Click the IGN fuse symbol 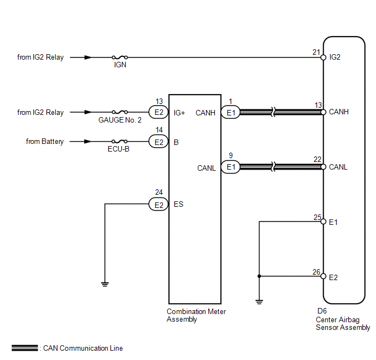point(120,57)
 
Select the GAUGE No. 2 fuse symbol point(120,112)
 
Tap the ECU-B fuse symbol point(120,141)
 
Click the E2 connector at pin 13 point(158,112)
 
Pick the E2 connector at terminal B point(158,142)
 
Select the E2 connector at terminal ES point(158,204)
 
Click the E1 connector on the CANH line point(231,112)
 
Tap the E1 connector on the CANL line point(231,167)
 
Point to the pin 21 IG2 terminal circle point(324,57)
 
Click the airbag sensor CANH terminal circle point(324,112)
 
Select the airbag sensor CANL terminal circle point(324,167)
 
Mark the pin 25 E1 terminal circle point(324,222)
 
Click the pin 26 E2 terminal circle point(324,276)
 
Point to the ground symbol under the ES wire point(105,284)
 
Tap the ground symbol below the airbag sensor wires point(259,302)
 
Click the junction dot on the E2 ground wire point(259,276)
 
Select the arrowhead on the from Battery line point(88,141)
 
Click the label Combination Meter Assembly point(196,315)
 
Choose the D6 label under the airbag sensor point(322,311)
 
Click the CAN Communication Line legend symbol point(25,348)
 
